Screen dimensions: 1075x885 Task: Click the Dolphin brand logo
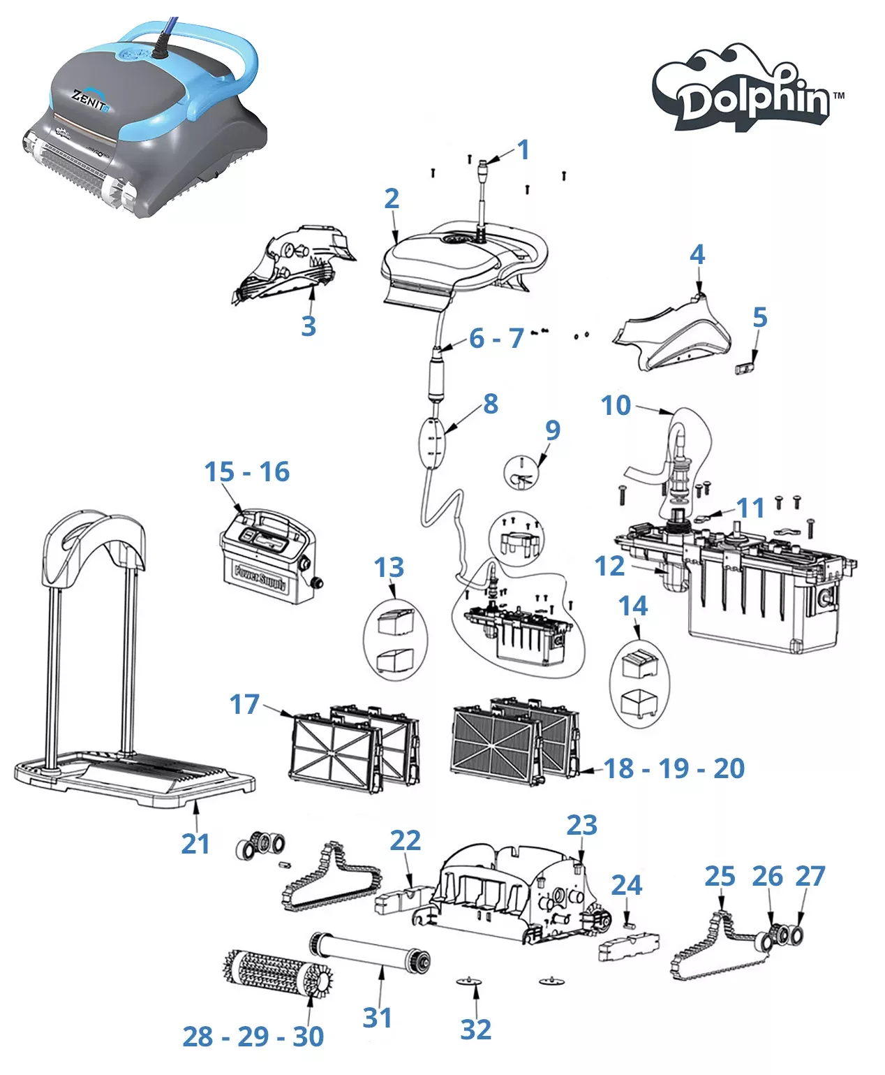click(x=748, y=91)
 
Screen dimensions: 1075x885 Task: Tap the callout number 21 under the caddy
click(x=195, y=844)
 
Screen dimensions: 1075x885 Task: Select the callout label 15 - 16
click(x=246, y=472)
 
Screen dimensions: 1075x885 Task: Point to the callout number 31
click(x=377, y=1017)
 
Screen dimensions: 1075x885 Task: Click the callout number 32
click(x=475, y=1029)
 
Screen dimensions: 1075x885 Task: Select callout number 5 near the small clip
click(x=759, y=318)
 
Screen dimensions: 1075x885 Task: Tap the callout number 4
click(x=697, y=254)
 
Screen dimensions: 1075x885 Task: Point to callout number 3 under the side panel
click(x=308, y=326)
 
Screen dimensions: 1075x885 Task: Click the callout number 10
click(x=616, y=405)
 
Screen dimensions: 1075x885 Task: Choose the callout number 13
click(x=389, y=567)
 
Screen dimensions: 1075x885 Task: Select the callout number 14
click(x=632, y=606)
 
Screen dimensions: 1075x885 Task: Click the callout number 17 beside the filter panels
click(x=244, y=704)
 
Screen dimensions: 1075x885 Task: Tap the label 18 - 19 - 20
click(x=674, y=768)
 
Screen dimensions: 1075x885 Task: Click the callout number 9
click(x=552, y=430)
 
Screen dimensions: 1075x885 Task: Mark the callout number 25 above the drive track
click(x=720, y=876)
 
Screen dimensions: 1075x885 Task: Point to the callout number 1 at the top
click(x=523, y=149)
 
